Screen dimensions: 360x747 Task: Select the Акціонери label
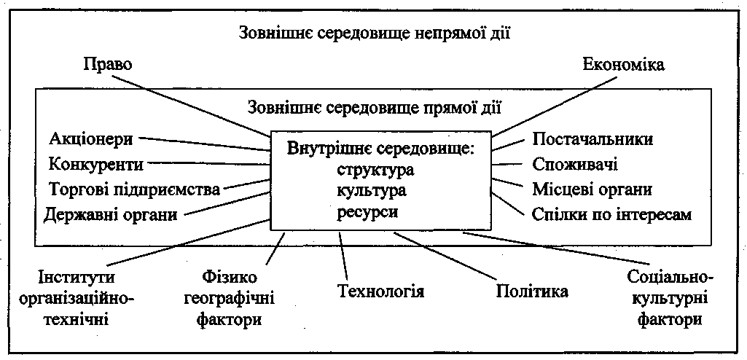(91, 139)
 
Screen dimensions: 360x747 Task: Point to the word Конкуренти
(95, 163)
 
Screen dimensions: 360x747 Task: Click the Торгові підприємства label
(134, 189)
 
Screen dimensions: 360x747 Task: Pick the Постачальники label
(592, 139)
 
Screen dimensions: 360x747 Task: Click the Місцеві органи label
(592, 189)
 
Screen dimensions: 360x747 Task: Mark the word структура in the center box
(375, 171)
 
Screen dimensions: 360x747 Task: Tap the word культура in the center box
(371, 191)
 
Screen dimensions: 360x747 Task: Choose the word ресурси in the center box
(368, 211)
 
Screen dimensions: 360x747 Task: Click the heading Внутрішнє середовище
(381, 150)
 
